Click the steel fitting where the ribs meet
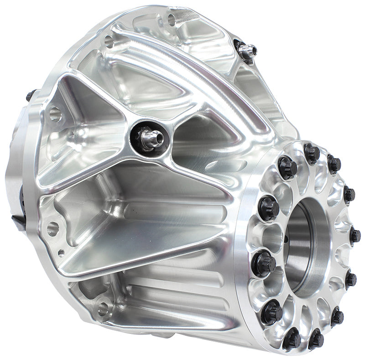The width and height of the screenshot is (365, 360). click(x=148, y=135)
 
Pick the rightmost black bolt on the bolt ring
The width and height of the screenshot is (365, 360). click(x=355, y=236)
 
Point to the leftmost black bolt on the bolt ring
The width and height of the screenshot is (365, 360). click(x=264, y=264)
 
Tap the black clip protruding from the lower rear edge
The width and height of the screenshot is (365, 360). click(x=18, y=220)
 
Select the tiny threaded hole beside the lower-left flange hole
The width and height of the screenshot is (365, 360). click(x=61, y=252)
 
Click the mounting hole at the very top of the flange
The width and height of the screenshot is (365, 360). click(x=172, y=20)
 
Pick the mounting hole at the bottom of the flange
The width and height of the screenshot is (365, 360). click(x=103, y=308)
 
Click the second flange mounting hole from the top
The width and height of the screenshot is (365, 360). click(x=109, y=42)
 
